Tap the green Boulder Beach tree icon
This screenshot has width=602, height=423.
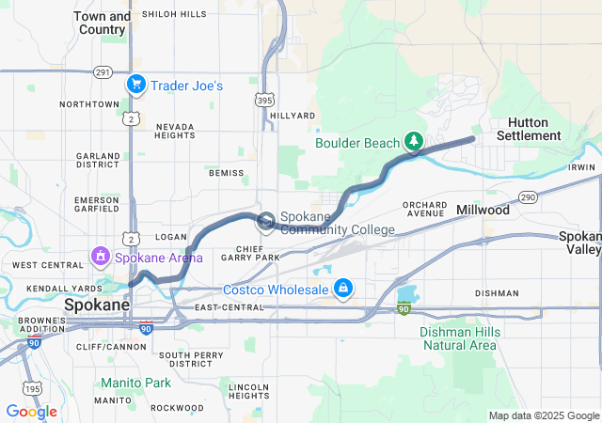coord(413,142)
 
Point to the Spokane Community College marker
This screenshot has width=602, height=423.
coord(266,222)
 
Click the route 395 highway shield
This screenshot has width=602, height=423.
coord(266,97)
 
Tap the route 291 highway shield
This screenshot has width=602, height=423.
coord(103,72)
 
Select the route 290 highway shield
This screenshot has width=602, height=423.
coord(528,197)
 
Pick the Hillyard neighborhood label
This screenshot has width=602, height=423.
coord(293,116)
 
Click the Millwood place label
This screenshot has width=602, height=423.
coord(483,210)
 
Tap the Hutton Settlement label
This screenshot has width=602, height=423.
coord(533,129)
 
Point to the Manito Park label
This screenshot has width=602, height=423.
coord(137,383)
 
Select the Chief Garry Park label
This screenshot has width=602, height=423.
coord(249,251)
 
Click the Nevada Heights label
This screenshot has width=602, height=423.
coord(175,131)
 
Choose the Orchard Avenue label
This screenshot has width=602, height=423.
coord(424,209)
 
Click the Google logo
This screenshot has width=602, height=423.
coord(31,412)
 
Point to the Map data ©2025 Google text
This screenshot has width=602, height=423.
coord(543,415)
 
